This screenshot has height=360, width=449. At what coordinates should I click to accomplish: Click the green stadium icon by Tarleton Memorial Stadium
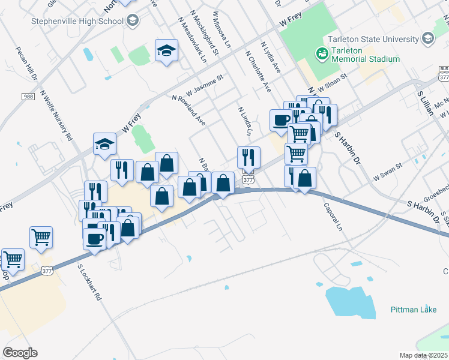(322, 54)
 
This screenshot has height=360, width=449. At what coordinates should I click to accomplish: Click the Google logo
(20, 353)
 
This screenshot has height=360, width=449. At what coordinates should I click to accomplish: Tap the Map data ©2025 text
(423, 355)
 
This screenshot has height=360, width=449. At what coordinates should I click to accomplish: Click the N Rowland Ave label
(188, 110)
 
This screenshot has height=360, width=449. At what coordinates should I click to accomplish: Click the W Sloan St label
(333, 81)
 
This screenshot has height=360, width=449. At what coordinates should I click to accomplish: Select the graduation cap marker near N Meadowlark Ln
(166, 51)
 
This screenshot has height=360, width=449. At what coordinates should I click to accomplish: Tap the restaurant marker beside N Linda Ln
(249, 158)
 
